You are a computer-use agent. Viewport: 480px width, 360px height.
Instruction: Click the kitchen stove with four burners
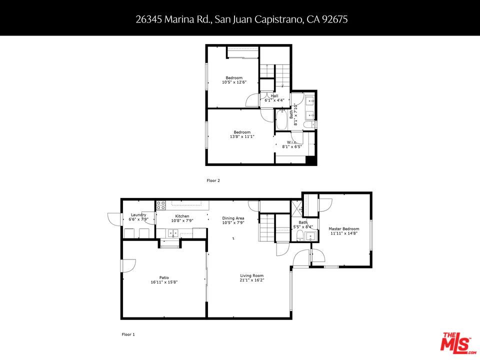[161, 205]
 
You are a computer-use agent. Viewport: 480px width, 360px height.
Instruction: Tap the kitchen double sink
[173, 232]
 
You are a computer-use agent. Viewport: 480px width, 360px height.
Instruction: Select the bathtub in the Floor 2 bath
[281, 120]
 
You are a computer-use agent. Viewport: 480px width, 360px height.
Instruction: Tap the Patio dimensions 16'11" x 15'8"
[164, 282]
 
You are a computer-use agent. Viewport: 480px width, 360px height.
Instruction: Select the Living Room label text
[251, 275]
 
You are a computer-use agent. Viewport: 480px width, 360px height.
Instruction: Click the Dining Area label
[233, 218]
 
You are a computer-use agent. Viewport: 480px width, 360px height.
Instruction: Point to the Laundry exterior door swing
[114, 218]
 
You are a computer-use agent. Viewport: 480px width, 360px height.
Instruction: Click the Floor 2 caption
[213, 180]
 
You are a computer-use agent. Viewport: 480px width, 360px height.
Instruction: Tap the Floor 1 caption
[128, 334]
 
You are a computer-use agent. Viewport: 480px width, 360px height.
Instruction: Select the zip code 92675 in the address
[336, 19]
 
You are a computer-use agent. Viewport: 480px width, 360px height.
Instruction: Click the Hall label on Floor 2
[274, 95]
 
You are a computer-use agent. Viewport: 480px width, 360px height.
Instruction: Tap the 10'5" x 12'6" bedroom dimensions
[233, 82]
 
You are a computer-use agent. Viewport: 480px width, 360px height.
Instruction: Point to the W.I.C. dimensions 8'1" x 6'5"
[292, 147]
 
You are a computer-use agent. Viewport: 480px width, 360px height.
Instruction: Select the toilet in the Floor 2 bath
[310, 124]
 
